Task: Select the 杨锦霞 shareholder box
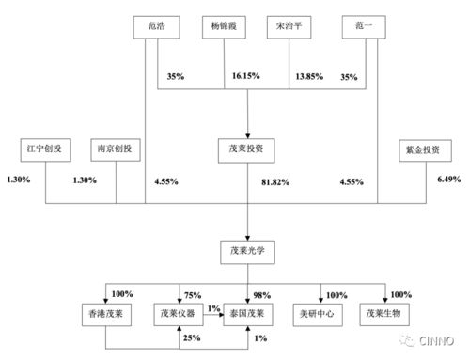(x=225, y=27)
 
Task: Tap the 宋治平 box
(x=291, y=27)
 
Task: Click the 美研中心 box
(x=320, y=313)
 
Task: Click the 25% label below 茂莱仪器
(x=193, y=337)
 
